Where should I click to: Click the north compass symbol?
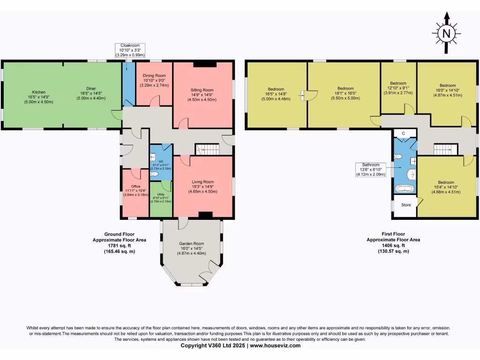click(x=446, y=33)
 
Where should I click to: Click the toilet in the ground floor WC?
click(x=155, y=174)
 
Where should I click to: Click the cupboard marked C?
click(x=404, y=134)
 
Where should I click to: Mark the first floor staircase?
click(x=445, y=150)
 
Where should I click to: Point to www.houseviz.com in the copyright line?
click(x=275, y=346)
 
